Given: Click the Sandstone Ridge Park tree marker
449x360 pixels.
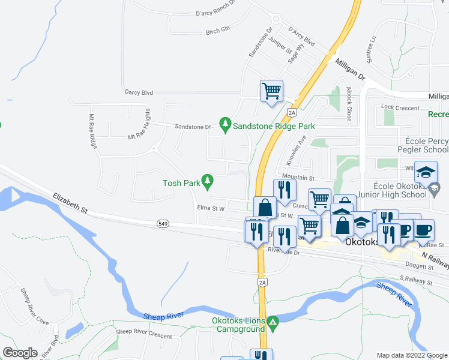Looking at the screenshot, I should point(225,124).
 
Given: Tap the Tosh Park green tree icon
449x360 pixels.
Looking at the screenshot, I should point(208,180).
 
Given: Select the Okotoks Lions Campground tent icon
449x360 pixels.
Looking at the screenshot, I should point(273,322).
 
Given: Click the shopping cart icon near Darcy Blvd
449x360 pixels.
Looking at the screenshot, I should point(271,92).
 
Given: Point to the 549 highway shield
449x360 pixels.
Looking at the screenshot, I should point(163,224).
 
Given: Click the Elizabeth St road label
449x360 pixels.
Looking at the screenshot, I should point(70,202).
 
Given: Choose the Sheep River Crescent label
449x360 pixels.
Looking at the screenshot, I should point(143,331).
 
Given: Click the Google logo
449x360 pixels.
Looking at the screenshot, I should point(20,353).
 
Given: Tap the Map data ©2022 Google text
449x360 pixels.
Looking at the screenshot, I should point(411,355).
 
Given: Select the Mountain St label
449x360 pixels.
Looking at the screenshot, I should point(298,178).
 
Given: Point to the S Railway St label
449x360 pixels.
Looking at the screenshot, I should point(416,281).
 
